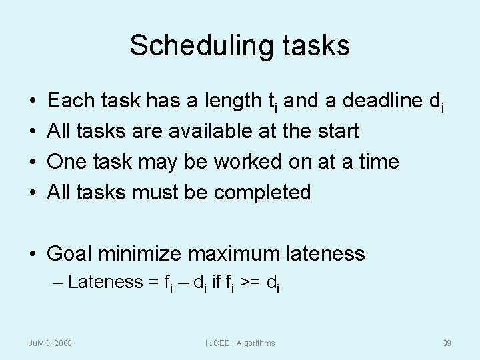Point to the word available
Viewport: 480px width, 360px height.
210,131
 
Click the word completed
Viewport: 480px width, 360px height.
263,193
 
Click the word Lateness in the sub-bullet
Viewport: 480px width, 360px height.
105,282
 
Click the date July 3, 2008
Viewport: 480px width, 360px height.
51,343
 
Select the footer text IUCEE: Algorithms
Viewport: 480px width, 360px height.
239,343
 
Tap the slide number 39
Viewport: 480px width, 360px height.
447,343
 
